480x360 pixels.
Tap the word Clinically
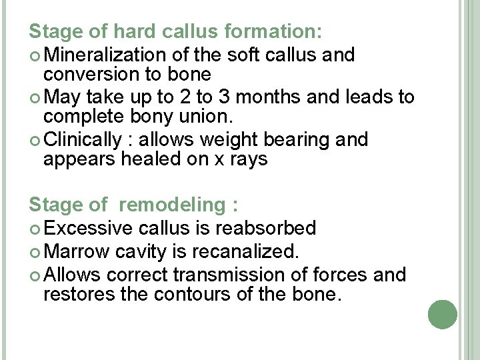83,139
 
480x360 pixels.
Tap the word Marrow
78,252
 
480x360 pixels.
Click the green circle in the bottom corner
442,314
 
